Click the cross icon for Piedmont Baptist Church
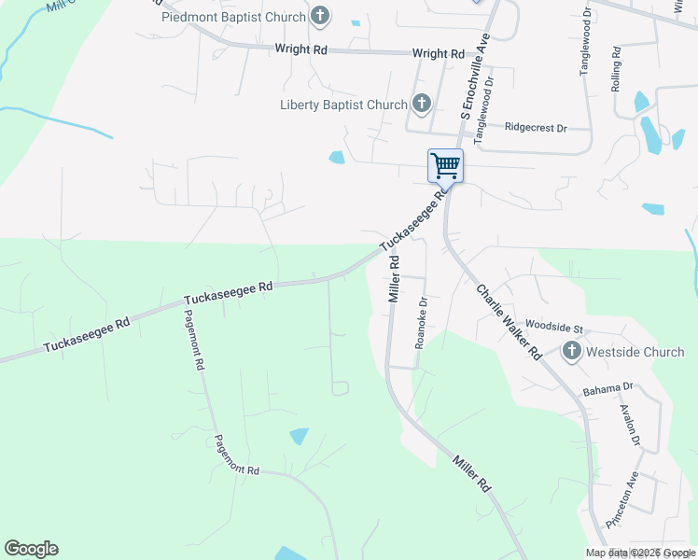click(320, 16)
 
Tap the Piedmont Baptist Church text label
click(233, 17)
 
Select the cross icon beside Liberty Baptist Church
click(421, 104)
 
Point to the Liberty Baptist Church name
click(343, 105)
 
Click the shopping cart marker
click(445, 166)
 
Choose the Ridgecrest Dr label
click(535, 127)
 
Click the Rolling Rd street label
click(616, 69)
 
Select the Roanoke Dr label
click(421, 323)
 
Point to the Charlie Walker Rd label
click(509, 322)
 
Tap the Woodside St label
click(553, 328)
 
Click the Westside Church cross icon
click(570, 352)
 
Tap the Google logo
click(31, 549)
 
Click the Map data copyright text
click(640, 553)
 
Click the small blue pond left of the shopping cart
click(337, 157)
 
